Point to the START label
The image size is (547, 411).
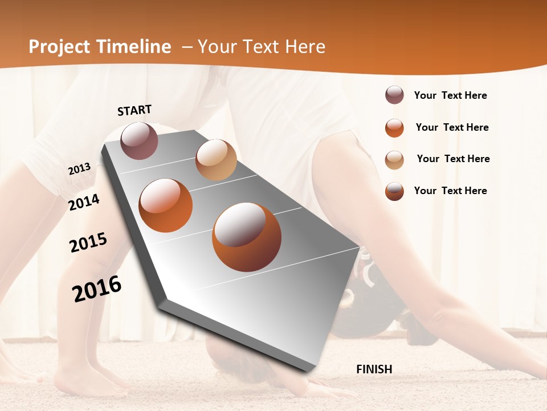point(134,110)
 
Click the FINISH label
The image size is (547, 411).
point(374,369)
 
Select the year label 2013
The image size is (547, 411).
point(79,169)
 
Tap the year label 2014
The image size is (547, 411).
point(84,202)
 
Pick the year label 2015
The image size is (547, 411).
point(88,243)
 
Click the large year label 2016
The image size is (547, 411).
point(97,288)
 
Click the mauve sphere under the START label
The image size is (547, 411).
point(140,140)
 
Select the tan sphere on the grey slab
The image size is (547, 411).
point(216,159)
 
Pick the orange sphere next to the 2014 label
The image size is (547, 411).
point(166,205)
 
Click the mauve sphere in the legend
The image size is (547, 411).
point(394,95)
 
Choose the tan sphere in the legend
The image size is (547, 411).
point(394,159)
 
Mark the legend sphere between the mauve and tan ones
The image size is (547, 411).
point(394,128)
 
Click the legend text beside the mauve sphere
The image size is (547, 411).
point(450,95)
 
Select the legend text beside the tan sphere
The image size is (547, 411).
point(453,159)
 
